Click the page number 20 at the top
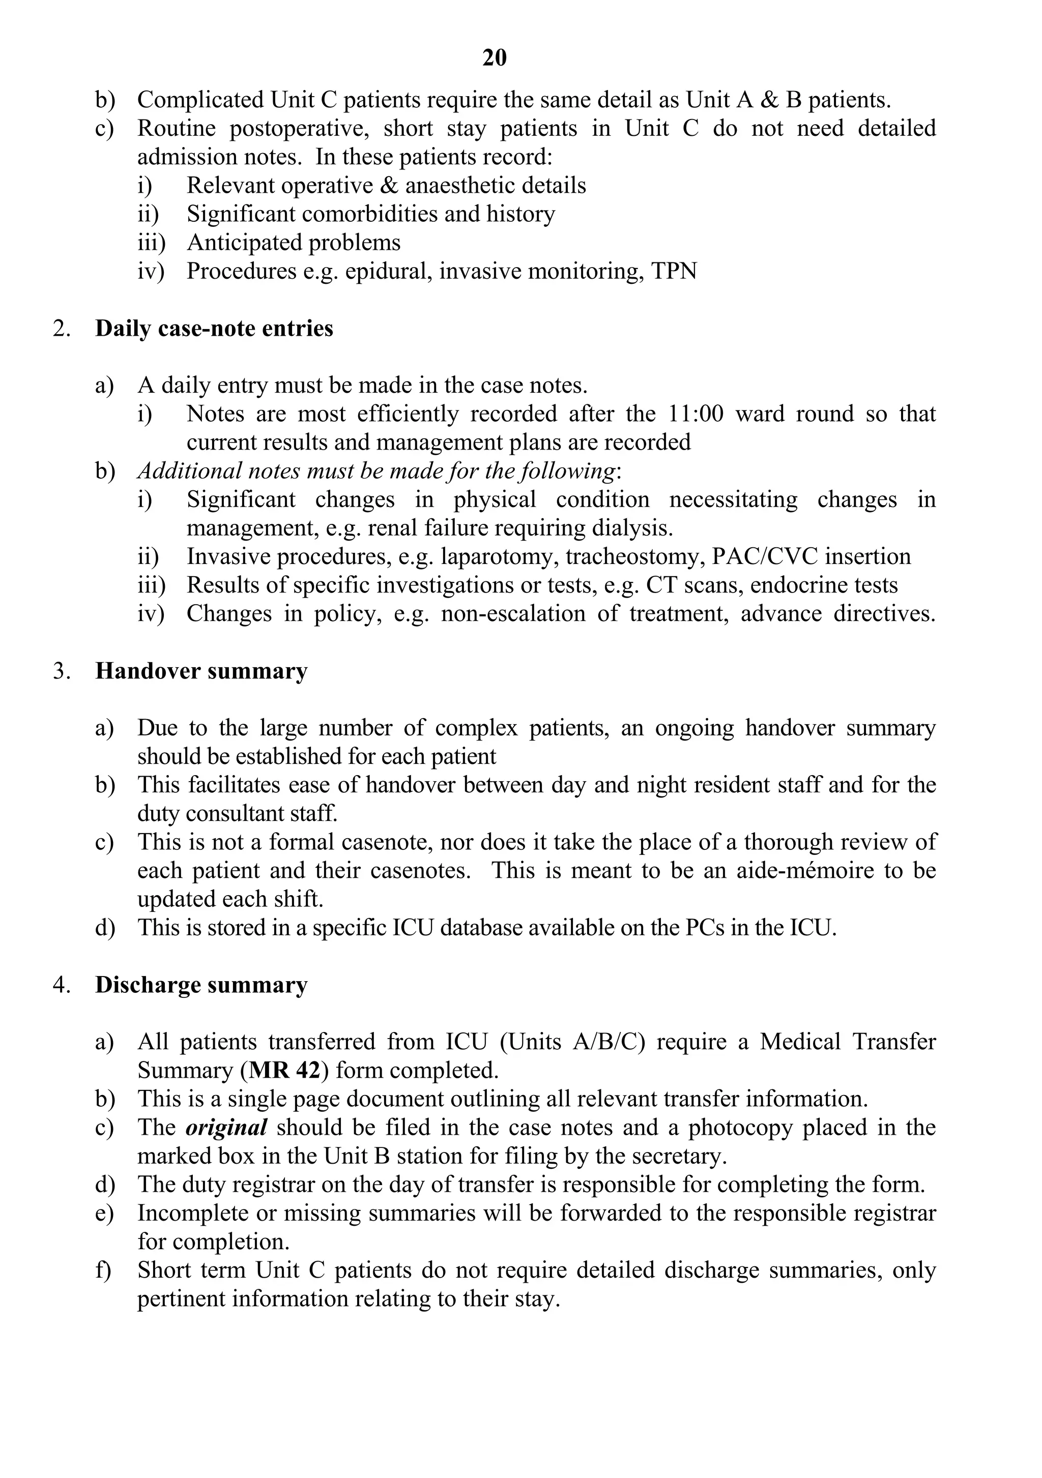tap(494, 58)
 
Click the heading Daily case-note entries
tap(214, 328)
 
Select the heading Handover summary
tap(201, 671)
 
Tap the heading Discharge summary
tap(201, 985)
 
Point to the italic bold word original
tap(226, 1127)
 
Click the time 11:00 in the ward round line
tap(696, 414)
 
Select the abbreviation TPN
tap(674, 271)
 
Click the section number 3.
tap(61, 671)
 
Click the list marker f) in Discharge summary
tap(103, 1270)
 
